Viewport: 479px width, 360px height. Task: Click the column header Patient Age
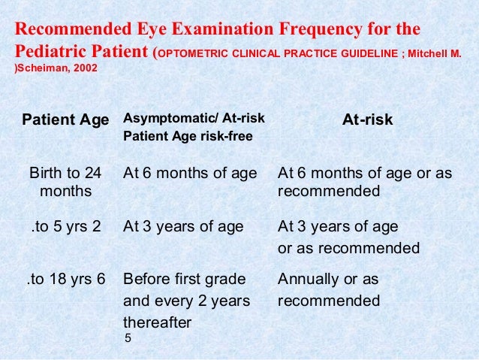[65, 120]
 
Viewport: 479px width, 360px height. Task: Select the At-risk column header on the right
[367, 119]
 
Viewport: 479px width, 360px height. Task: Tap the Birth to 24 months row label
[64, 183]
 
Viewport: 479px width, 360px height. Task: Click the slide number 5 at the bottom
[128, 339]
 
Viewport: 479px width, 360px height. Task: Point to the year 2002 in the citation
[83, 68]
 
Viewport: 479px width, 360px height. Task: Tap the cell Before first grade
[184, 280]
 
